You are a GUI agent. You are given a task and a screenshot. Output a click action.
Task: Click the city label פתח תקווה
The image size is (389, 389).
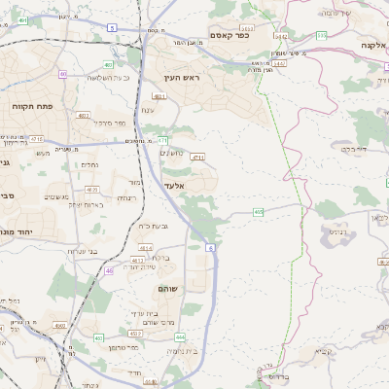(32, 106)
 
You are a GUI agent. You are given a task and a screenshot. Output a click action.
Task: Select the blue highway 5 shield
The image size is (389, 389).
(112, 28)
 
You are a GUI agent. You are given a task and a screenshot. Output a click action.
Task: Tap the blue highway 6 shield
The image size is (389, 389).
(210, 248)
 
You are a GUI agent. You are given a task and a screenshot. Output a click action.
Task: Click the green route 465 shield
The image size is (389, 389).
(258, 211)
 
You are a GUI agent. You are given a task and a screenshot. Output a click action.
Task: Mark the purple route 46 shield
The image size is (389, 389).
(109, 270)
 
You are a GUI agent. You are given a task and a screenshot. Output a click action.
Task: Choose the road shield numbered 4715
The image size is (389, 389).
(198, 157)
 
